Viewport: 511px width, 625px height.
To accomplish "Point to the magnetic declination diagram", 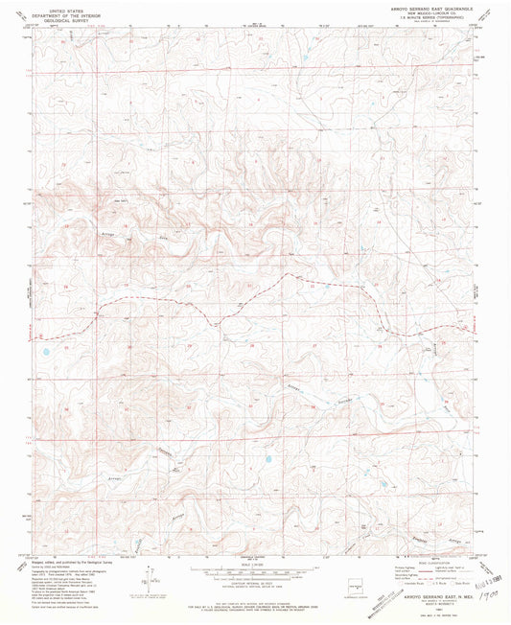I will pos(149,573).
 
